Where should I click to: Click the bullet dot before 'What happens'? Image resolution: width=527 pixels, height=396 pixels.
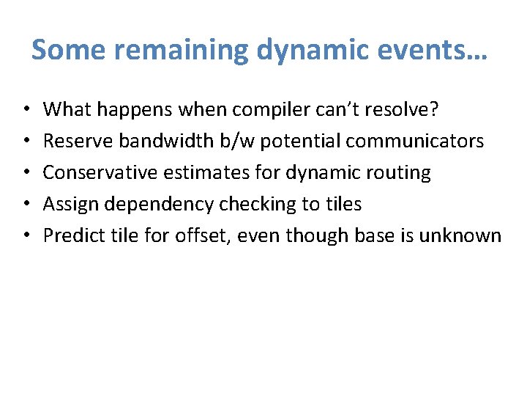pos(25,110)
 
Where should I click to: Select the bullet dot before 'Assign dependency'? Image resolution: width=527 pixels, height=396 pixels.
pos(25,205)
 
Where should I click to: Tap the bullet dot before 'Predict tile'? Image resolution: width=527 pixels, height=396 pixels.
pos(25,236)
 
